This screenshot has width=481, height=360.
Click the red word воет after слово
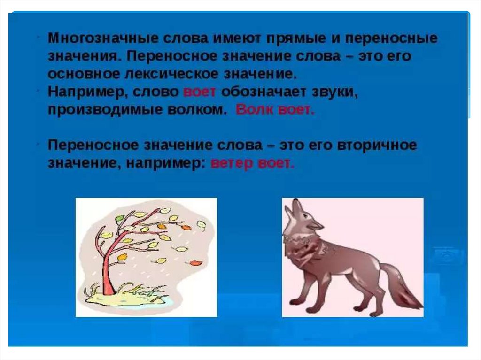coord(199,92)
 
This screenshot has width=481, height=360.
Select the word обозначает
coord(264,92)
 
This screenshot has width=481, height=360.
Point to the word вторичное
coord(377,145)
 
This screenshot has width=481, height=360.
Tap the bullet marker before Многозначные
coord(38,36)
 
